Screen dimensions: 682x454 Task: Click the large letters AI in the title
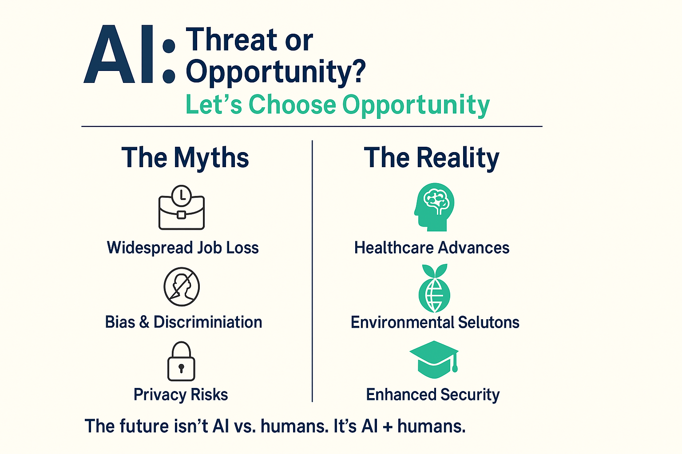click(x=118, y=54)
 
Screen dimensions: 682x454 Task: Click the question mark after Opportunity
click(x=357, y=71)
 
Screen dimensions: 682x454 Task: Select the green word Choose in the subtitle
click(x=292, y=105)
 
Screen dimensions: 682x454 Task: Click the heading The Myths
click(x=185, y=157)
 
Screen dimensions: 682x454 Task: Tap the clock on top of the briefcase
click(x=182, y=196)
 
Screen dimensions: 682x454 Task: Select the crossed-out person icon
click(x=182, y=287)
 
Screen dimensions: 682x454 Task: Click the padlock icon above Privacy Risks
click(x=181, y=361)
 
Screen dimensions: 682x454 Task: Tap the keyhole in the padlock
click(x=182, y=368)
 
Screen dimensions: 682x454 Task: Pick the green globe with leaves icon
click(x=435, y=288)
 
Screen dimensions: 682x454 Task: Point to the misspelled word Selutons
click(x=489, y=322)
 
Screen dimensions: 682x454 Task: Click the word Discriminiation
click(x=208, y=322)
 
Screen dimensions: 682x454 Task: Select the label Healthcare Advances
click(x=432, y=247)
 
